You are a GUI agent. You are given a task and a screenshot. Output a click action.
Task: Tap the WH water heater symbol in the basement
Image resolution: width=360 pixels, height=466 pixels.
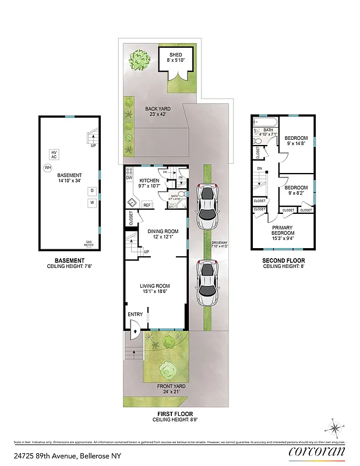[47, 168]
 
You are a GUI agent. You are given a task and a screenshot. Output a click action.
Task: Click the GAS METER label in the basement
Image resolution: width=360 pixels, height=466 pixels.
[89, 243]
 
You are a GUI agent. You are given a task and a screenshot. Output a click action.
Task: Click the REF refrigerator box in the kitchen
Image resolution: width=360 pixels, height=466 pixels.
[147, 205]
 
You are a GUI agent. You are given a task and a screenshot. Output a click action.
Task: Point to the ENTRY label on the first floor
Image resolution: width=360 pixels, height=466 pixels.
[135, 315]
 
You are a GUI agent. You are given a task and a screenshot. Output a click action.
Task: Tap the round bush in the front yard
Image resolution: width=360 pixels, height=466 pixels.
[168, 368]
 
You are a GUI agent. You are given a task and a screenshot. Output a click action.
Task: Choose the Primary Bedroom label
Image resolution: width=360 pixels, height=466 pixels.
[281, 232]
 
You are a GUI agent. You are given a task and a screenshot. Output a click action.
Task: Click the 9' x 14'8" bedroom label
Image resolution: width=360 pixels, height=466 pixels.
[296, 142]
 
